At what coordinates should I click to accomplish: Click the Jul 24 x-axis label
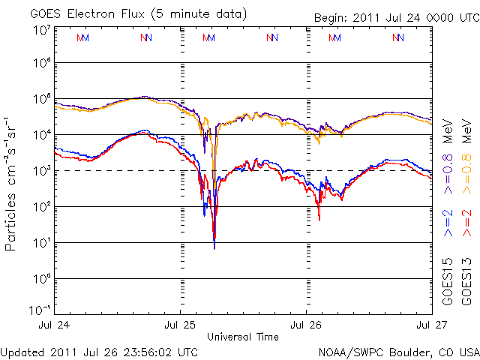point(54,326)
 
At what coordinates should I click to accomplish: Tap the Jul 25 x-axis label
point(180,326)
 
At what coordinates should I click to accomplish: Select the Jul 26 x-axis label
point(306,326)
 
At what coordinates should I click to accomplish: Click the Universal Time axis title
point(243,336)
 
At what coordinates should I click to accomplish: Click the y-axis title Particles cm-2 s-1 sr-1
point(13,182)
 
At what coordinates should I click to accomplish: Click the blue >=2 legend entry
point(448,223)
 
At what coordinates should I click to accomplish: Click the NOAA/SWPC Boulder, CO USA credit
point(397,351)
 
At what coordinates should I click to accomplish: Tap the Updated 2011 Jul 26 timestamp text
point(100,351)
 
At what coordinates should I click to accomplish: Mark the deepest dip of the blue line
point(214,247)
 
